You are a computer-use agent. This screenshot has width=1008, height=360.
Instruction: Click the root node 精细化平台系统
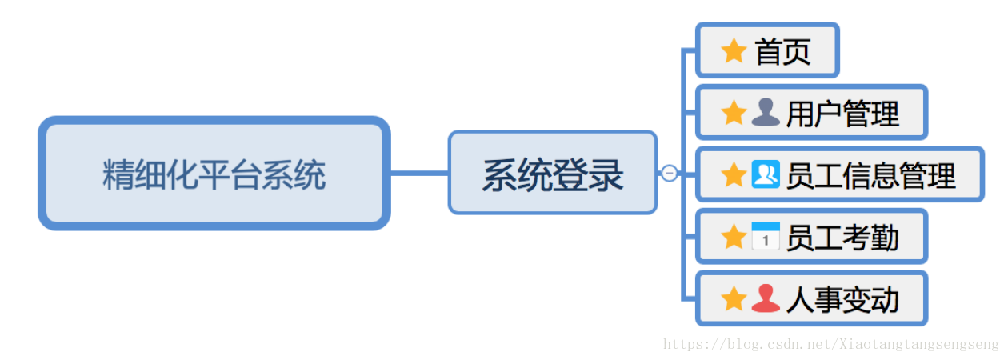coord(214,174)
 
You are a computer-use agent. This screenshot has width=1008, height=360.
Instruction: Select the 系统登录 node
coord(552,174)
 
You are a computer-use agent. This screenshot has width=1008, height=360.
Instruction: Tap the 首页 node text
coord(782,52)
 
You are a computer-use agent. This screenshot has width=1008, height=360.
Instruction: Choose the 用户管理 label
coord(842,114)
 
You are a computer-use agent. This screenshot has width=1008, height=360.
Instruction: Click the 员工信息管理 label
coord(870,174)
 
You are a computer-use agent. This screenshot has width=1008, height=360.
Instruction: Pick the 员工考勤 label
coord(842,237)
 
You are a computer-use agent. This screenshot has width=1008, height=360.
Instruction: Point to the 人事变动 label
coord(842,299)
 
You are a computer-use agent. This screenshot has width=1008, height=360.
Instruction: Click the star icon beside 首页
coord(734,51)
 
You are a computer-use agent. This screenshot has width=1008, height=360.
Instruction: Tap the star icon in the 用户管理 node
coord(734,113)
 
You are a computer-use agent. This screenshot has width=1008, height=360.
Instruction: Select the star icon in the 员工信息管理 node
coord(734,174)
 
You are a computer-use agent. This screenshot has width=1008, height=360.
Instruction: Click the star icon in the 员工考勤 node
coord(734,237)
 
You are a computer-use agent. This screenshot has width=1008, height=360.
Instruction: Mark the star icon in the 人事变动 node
coord(734,299)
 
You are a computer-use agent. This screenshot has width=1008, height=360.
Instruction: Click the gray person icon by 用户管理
coord(766,113)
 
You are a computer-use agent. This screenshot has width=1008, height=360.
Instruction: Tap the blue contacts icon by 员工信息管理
coord(766,174)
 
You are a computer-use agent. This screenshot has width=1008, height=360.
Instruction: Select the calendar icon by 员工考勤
coord(766,237)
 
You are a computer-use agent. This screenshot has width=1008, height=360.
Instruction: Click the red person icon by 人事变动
coord(766,299)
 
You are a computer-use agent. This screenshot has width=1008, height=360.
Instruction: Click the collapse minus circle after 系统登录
coord(670,173)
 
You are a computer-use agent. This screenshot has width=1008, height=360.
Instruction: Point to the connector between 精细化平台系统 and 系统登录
coord(418,173)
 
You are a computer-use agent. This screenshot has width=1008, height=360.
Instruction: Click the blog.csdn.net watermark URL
coord(831,344)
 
